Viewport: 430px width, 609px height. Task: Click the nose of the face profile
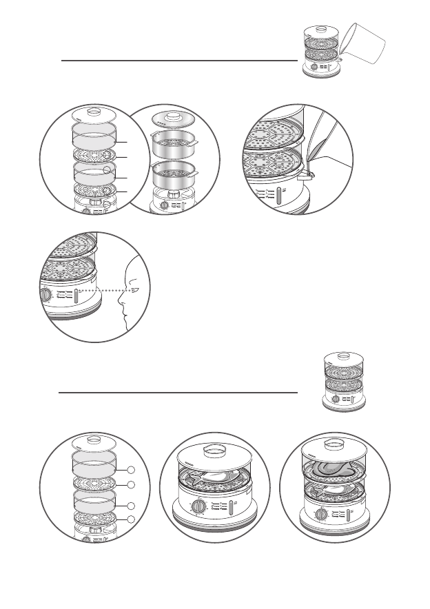click(122, 298)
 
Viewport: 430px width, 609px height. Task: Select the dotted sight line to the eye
click(103, 291)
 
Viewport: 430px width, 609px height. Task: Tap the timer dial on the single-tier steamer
click(199, 507)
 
